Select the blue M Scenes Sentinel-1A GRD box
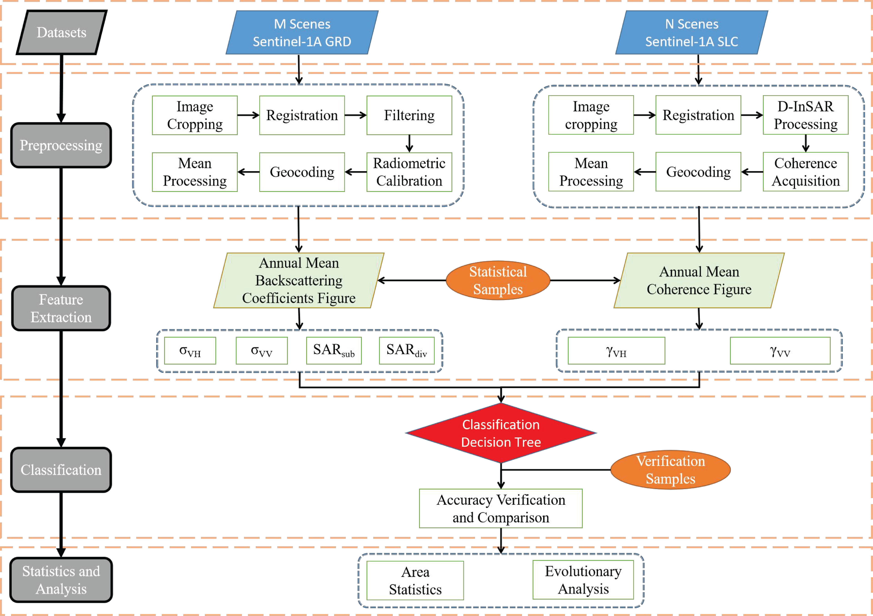click(x=302, y=32)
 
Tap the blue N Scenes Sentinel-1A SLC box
click(x=692, y=32)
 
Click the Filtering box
click(x=409, y=115)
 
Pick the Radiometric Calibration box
click(x=409, y=172)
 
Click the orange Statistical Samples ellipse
click(x=498, y=280)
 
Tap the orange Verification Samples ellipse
click(x=670, y=470)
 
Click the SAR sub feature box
click(x=334, y=350)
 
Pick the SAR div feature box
click(x=406, y=350)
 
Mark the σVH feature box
click(x=190, y=350)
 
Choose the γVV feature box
click(x=780, y=350)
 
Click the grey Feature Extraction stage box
click(x=61, y=308)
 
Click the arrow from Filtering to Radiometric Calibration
click(x=409, y=143)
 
